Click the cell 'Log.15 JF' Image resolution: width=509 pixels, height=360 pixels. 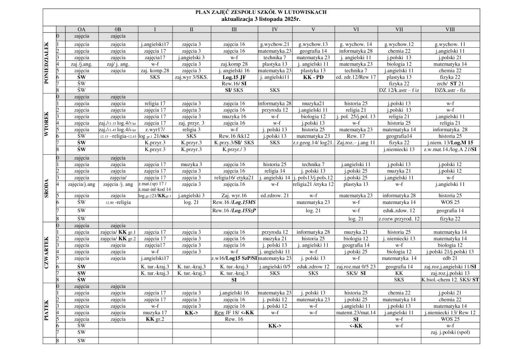234,78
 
